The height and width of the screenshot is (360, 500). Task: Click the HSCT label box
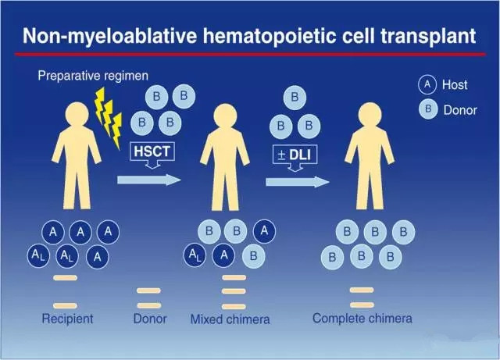tap(152, 151)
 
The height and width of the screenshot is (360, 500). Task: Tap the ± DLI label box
tap(295, 155)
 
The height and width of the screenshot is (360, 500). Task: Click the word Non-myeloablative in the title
tap(109, 36)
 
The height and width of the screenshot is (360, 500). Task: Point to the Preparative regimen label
tap(93, 76)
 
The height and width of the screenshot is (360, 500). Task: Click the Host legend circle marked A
tap(427, 84)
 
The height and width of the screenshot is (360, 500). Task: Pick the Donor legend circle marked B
tap(428, 109)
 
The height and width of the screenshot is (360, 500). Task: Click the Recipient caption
tap(68, 319)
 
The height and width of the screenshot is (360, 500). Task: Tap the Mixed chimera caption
tap(230, 319)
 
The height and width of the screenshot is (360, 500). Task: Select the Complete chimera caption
tap(362, 319)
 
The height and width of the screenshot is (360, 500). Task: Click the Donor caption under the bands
tap(150, 319)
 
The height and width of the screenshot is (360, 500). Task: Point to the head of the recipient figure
tap(77, 114)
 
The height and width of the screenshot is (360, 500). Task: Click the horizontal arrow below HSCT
tap(149, 180)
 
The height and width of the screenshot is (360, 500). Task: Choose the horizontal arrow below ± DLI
tap(298, 182)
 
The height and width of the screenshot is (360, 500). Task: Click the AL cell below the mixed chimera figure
tap(195, 255)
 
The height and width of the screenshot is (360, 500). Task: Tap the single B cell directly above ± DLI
tap(295, 98)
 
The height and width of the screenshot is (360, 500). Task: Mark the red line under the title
tap(250, 55)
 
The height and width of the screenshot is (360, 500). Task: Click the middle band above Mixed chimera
tap(234, 291)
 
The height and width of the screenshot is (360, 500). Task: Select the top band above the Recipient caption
tap(65, 278)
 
